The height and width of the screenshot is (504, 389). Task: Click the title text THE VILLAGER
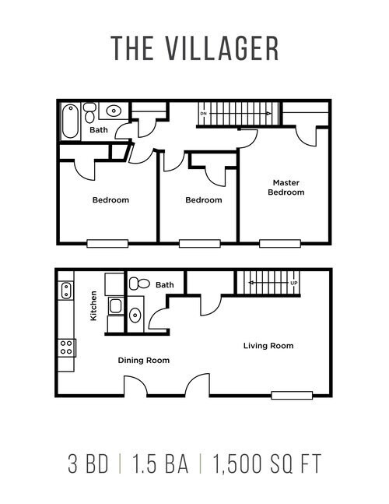pos(194,48)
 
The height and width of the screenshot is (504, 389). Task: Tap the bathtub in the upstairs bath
pos(70,121)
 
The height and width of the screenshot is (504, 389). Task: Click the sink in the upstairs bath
pos(113,111)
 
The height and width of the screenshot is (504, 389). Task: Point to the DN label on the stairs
pos(203,114)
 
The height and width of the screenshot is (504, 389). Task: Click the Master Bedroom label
pos(286,188)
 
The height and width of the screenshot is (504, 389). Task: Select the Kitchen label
pos(93,306)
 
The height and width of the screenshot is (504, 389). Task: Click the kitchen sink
pos(65,291)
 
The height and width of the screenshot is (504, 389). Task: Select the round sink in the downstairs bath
pos(135,315)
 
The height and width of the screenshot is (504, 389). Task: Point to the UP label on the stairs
pos(293,283)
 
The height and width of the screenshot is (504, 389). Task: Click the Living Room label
pos(268,345)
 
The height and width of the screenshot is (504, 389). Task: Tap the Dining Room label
pos(143,360)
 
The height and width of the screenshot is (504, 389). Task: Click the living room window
pos(291,394)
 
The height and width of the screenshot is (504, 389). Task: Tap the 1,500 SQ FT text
pos(265,465)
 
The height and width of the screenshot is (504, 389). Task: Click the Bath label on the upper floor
pos(99,130)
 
